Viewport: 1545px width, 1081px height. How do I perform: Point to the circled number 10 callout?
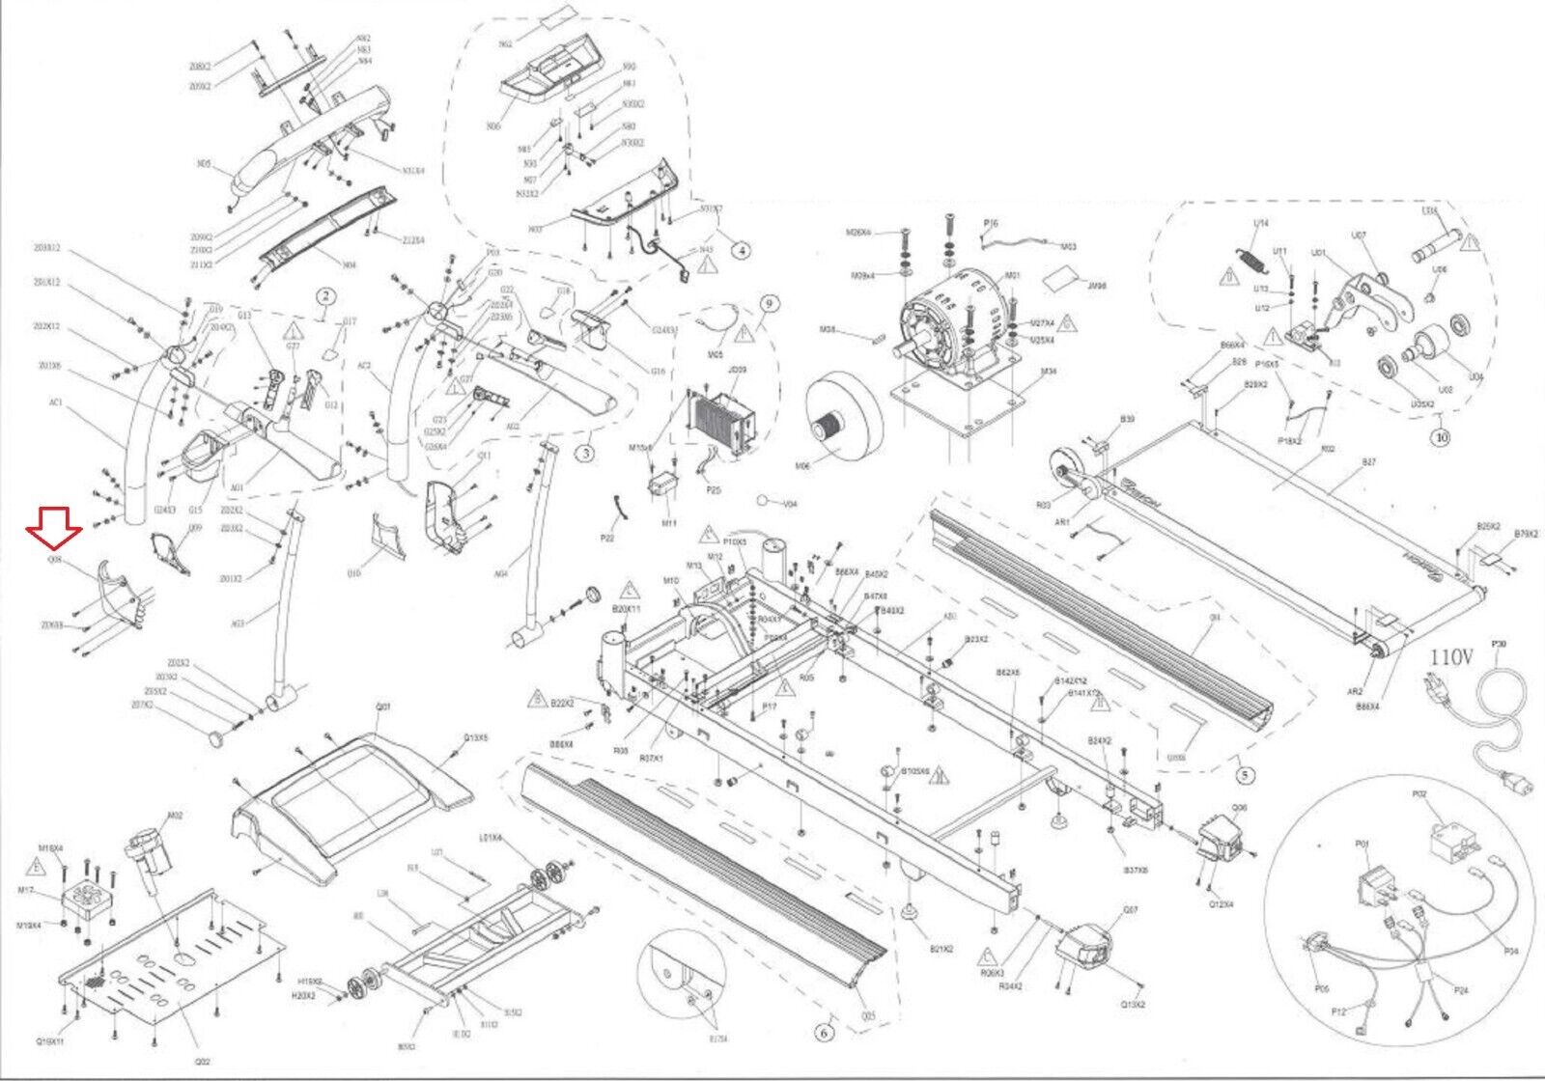[x=1443, y=434]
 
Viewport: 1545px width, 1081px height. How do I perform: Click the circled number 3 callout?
[x=583, y=451]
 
